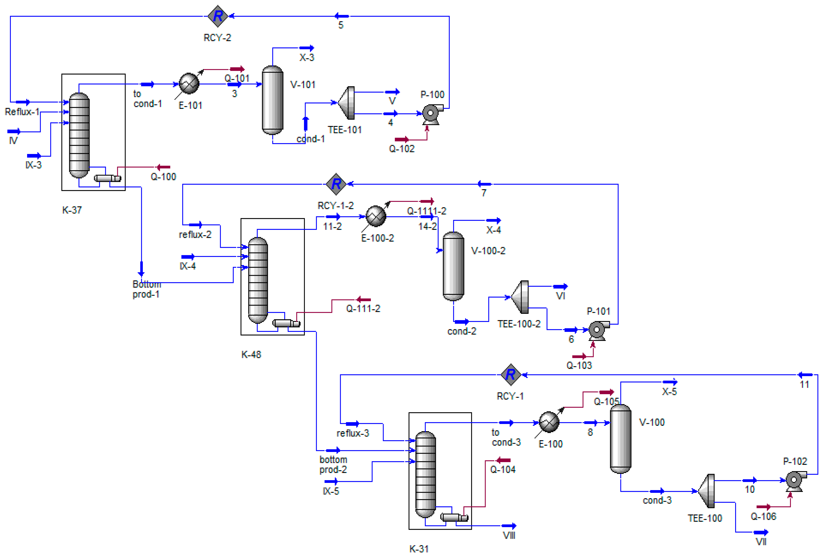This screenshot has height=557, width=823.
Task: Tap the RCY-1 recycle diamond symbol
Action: pyautogui.click(x=511, y=374)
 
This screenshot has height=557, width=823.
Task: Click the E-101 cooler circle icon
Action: pyautogui.click(x=189, y=84)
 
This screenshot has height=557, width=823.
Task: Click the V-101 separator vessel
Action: pyautogui.click(x=272, y=100)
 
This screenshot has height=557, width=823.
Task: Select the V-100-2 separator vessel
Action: pyautogui.click(x=453, y=266)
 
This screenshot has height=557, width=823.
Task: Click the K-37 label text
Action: pyautogui.click(x=72, y=210)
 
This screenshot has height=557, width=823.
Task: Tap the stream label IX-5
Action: pyautogui.click(x=331, y=491)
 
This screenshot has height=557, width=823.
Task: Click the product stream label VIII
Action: pyautogui.click(x=509, y=535)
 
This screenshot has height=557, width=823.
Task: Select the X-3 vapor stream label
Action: pyautogui.click(x=307, y=57)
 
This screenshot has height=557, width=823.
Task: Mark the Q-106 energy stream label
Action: pyautogui.click(x=763, y=517)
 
